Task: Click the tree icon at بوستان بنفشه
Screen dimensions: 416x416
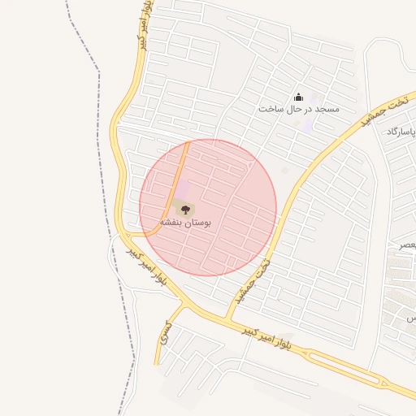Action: pos(180,207)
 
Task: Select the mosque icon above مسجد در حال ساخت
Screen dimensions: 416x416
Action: pos(297,97)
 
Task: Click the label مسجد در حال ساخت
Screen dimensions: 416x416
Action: pos(298,109)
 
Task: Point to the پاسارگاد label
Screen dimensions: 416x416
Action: pos(403,132)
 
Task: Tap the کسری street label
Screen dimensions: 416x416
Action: pos(166,329)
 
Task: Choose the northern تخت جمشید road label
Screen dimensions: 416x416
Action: pos(369,115)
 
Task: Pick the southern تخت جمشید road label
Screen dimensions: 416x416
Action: pos(252,281)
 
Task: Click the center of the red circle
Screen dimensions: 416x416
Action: pos(208,208)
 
